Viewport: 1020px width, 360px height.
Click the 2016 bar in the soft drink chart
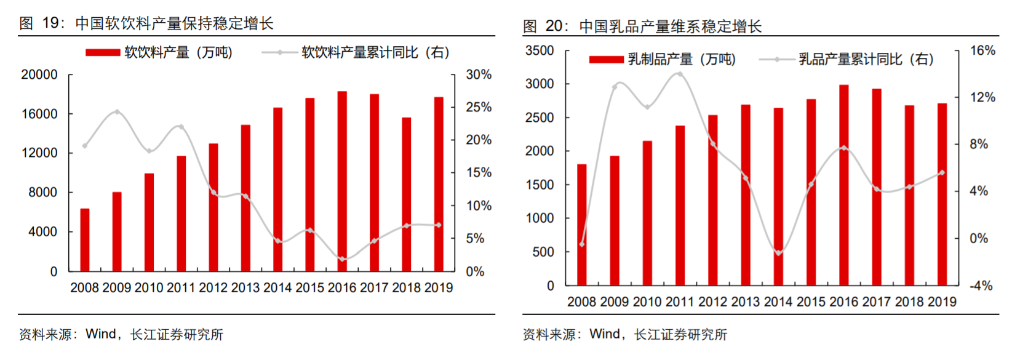342,182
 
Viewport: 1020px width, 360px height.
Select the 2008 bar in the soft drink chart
85,240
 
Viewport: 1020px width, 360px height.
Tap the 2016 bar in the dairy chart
844,185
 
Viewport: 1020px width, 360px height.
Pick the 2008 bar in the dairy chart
581,225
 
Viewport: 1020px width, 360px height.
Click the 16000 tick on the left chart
39,114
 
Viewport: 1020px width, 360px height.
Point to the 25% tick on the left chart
479,107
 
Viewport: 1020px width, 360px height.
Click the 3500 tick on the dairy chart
540,50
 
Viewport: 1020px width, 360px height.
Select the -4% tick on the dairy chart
981,286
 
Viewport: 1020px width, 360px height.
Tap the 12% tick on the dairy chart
982,97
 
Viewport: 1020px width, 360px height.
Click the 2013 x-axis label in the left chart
245,288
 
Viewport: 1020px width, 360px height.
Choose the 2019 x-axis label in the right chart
942,302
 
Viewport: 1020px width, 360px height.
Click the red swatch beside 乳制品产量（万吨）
606,60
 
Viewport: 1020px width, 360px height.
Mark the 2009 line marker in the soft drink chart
117,112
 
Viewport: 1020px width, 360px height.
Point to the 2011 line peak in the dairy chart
680,74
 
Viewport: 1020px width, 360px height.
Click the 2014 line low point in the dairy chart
778,252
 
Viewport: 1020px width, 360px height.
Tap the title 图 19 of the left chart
146,23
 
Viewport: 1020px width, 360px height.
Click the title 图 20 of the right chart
642,26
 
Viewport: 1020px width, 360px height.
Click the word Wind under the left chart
101,334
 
